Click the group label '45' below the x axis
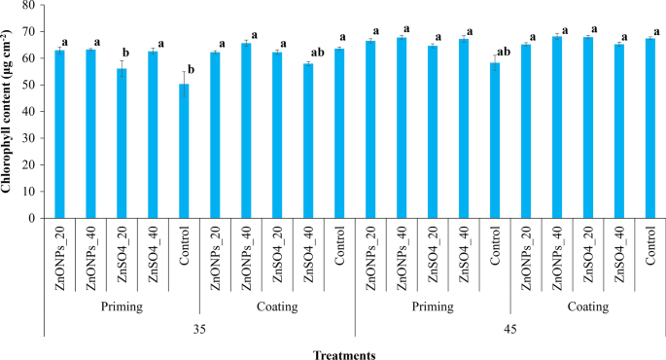tap(510, 328)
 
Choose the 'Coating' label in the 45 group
tap(587, 306)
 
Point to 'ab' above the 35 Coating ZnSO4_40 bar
tap(317, 54)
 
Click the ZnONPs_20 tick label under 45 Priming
tap(370, 254)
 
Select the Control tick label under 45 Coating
tap(650, 247)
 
